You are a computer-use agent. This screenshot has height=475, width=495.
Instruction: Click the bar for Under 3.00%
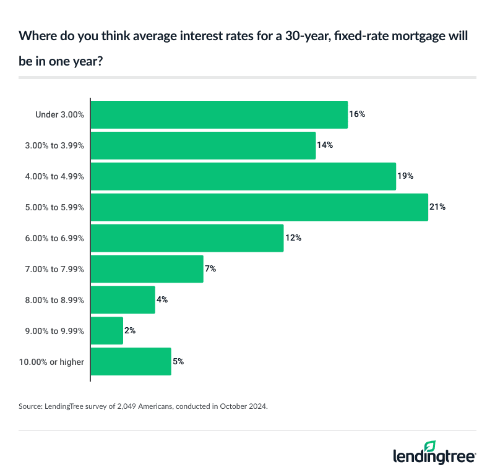(x=219, y=114)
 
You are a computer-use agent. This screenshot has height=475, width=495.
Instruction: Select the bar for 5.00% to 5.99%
(x=259, y=207)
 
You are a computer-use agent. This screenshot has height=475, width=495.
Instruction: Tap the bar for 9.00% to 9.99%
(x=107, y=331)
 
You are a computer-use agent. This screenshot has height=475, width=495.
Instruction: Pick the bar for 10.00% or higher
(x=131, y=362)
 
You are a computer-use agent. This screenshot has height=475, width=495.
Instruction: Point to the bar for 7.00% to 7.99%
(x=147, y=269)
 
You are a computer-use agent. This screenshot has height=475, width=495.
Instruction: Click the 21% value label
(x=437, y=207)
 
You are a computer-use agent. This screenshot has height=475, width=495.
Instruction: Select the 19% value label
(x=405, y=176)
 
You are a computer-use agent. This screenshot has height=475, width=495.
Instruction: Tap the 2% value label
(x=130, y=331)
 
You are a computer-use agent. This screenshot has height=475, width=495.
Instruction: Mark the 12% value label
(x=293, y=238)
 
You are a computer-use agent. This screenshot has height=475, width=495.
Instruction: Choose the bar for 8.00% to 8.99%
(x=123, y=300)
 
